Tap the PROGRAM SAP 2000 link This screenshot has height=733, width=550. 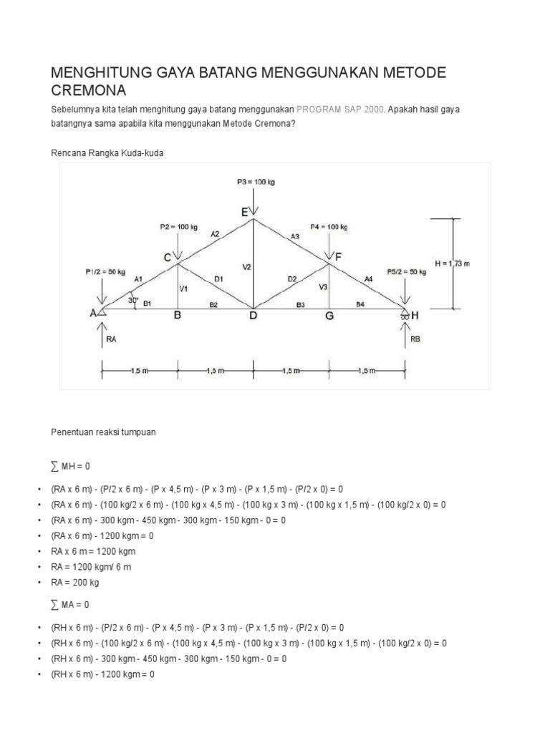tap(340, 110)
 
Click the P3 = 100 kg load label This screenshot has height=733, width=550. tap(256, 182)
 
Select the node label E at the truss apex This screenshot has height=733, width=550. tap(244, 213)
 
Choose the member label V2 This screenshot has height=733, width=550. tap(246, 267)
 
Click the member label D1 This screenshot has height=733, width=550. tap(219, 278)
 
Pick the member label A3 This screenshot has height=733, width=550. tap(294, 236)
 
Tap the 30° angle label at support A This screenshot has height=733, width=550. tap(132, 301)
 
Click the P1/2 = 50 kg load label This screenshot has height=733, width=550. tap(105, 272)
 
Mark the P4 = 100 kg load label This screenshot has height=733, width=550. tap(329, 227)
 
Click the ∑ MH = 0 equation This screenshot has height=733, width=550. tap(71, 466)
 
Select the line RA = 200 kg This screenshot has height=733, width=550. tap(76, 583)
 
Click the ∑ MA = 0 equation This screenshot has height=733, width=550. tap(71, 605)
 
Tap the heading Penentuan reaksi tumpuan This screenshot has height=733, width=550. tap(103, 432)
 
